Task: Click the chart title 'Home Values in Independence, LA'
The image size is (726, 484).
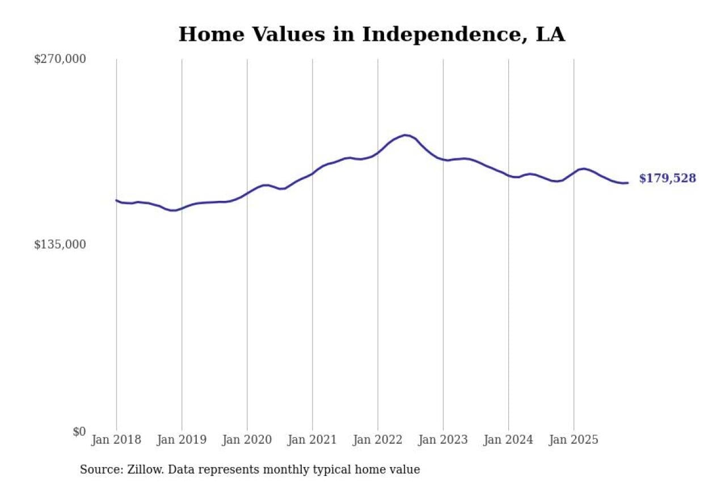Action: coord(372,35)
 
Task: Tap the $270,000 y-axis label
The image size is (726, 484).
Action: coord(60,59)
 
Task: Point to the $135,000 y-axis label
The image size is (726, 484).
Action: coord(60,245)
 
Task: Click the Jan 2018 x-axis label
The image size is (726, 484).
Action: coord(116,440)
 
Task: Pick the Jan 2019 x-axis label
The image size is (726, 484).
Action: coord(181,440)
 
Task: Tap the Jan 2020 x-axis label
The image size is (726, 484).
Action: coord(247,440)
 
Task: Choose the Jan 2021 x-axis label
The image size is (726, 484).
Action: coord(312,440)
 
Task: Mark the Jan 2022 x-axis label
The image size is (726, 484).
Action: coord(377,440)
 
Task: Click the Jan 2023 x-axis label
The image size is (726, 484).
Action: coord(443,440)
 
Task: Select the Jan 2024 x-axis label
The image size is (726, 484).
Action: coord(508,440)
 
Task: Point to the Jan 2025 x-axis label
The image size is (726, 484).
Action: coord(573,440)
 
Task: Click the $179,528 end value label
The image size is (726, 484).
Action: coord(667,179)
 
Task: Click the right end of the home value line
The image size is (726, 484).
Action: coord(627,183)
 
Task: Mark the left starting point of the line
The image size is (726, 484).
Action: coord(116,200)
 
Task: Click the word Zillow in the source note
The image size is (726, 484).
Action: coord(139,470)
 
